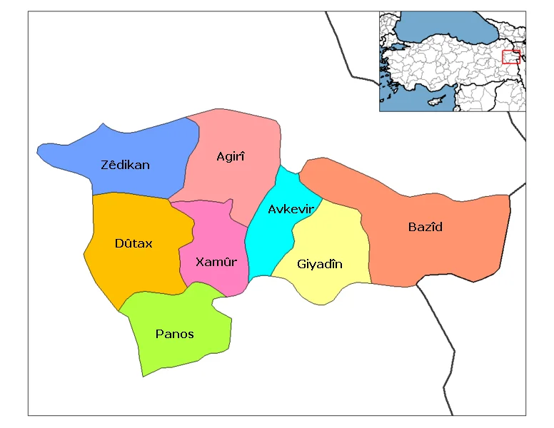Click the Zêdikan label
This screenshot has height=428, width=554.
click(x=125, y=165)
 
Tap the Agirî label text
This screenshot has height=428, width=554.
click(x=230, y=156)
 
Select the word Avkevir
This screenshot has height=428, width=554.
click(x=291, y=209)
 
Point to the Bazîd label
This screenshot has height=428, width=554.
click(x=425, y=227)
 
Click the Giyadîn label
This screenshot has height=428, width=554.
click(x=319, y=264)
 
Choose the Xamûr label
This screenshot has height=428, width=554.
click(x=216, y=262)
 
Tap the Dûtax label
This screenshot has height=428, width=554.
click(x=134, y=243)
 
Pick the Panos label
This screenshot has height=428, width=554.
click(x=174, y=333)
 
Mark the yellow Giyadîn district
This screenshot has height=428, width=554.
click(x=336, y=235)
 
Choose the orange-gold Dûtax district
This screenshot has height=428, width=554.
click(x=136, y=271)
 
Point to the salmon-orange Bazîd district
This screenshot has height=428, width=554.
click(x=457, y=243)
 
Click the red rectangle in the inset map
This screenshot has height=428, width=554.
click(x=510, y=56)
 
